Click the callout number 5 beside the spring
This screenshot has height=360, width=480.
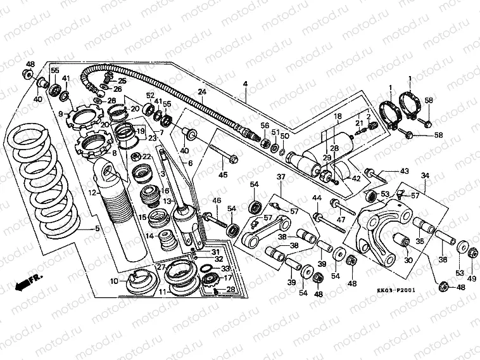click(x=97, y=229)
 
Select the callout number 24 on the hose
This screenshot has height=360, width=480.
click(x=201, y=93)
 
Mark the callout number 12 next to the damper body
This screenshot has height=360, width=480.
click(x=92, y=192)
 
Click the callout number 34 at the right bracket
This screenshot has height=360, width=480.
click(x=425, y=176)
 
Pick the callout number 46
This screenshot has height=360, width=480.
click(x=217, y=201)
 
